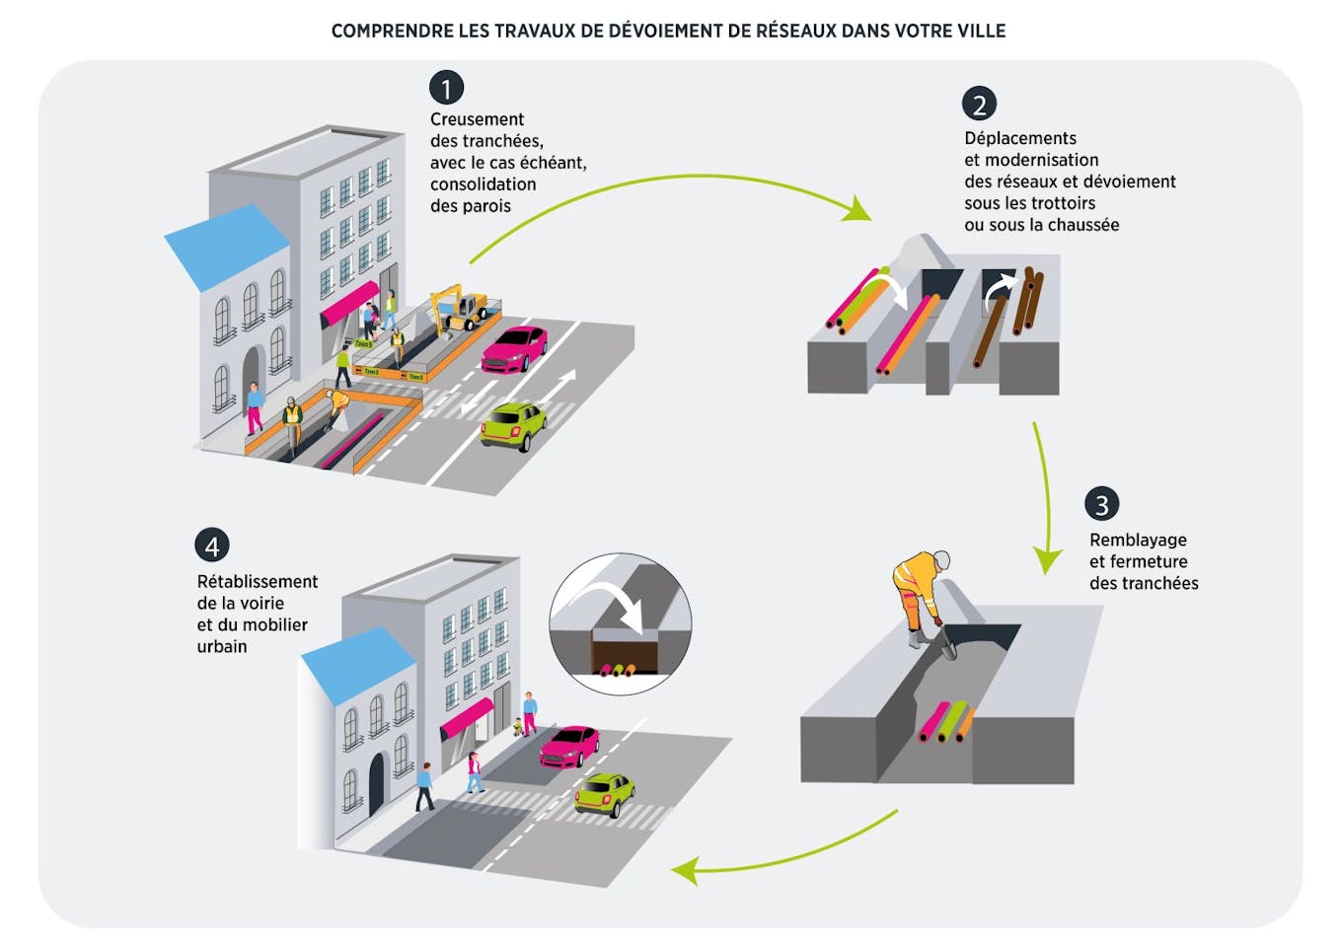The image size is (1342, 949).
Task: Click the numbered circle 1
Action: pyautogui.click(x=446, y=88)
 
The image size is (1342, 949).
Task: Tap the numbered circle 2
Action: pyautogui.click(x=979, y=104)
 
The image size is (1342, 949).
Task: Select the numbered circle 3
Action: pyautogui.click(x=1101, y=504)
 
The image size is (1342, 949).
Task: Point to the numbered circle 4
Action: pyautogui.click(x=211, y=546)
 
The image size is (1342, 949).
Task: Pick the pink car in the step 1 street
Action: pyautogui.click(x=515, y=349)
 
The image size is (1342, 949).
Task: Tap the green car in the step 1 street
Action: pyautogui.click(x=514, y=425)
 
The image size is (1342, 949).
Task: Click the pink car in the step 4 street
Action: pyautogui.click(x=569, y=746)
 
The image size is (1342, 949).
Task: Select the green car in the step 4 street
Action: pyautogui.click(x=605, y=793)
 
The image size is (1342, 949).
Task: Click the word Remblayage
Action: pyautogui.click(x=1138, y=540)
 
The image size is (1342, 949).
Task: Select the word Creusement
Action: pyautogui.click(x=477, y=119)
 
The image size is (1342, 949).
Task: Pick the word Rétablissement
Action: pyautogui.click(x=258, y=581)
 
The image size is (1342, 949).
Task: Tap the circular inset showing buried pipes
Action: pyautogui.click(x=620, y=623)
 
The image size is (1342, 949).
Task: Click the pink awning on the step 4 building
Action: pyautogui.click(x=466, y=717)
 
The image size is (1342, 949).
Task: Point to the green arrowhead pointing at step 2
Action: pyautogui.click(x=857, y=208)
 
